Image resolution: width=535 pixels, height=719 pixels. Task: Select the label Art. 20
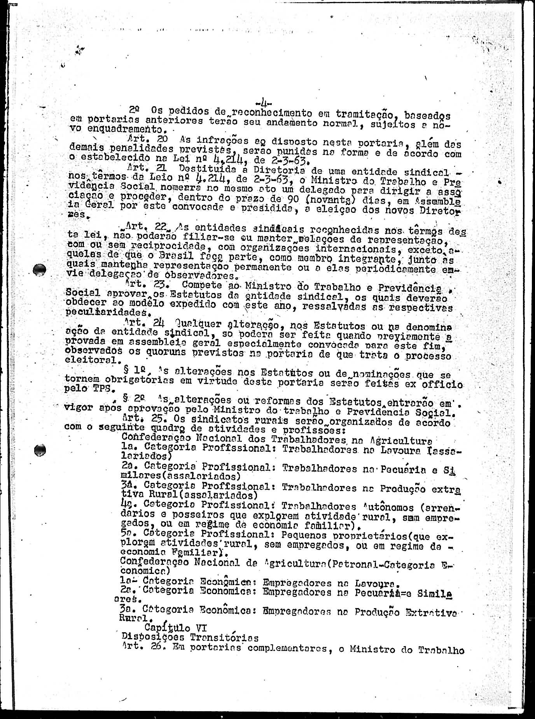(x=142, y=139)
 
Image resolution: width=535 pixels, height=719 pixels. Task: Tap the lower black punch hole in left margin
(x=40, y=450)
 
